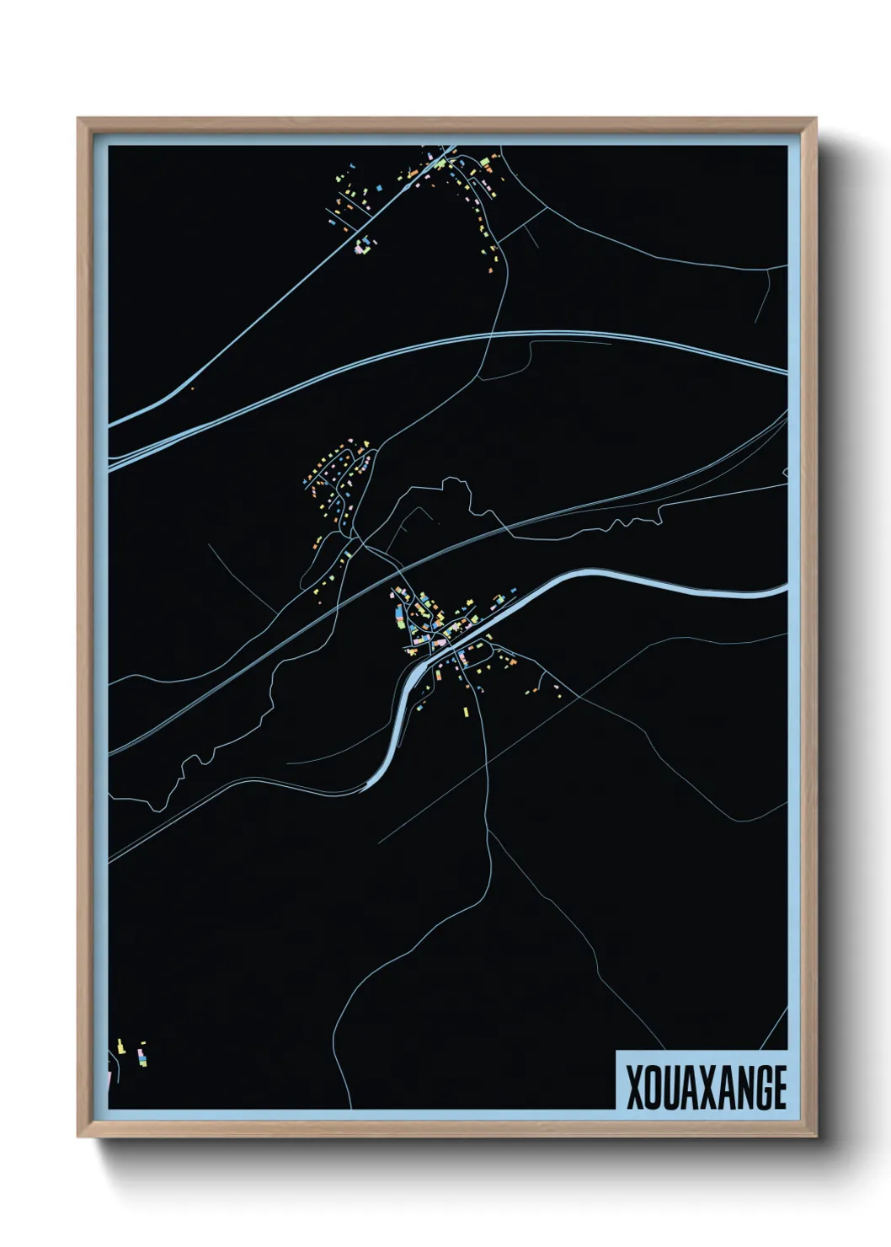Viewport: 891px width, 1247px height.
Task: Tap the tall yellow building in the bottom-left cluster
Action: click(120, 1046)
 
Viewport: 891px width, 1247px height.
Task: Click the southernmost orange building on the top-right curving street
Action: click(490, 270)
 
